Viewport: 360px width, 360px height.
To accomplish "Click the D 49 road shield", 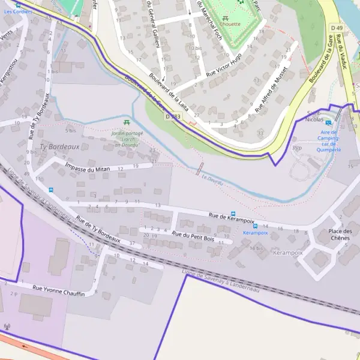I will point(337,28).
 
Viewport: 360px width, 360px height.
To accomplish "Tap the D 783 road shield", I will point(173,116).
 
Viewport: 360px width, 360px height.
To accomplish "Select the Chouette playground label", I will point(231,25).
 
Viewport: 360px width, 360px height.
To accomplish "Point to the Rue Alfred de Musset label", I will point(271,89).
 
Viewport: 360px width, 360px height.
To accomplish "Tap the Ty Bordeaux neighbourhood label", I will point(59,146).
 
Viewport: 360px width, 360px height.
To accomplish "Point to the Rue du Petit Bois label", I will point(193,236).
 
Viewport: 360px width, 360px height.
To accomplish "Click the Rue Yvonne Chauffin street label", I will point(58,291).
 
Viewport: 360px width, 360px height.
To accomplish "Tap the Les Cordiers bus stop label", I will point(16,11).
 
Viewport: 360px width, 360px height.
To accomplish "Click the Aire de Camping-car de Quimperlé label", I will point(328,141).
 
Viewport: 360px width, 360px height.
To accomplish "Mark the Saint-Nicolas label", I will point(314,116).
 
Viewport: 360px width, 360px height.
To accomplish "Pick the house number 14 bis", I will point(256,248).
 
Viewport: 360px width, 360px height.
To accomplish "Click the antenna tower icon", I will point(7,327).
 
